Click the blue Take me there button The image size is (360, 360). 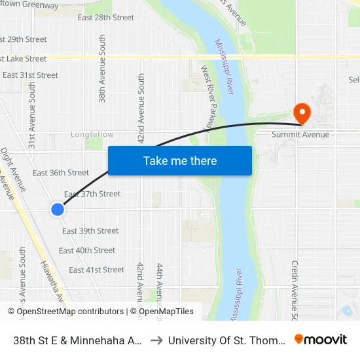point(180,161)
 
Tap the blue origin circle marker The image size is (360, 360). point(58,209)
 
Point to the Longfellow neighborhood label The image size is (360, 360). point(92,135)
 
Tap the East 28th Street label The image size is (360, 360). point(105,18)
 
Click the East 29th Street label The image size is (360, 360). point(24,39)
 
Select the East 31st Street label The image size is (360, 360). point(30,75)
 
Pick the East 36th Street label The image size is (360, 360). point(61,173)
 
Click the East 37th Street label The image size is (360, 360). point(92,194)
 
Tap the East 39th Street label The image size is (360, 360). point(90,230)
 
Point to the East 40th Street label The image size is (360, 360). point(87,250)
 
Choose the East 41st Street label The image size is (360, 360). point(96,270)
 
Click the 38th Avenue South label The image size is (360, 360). point(102,69)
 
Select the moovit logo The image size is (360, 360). point(321,339)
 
